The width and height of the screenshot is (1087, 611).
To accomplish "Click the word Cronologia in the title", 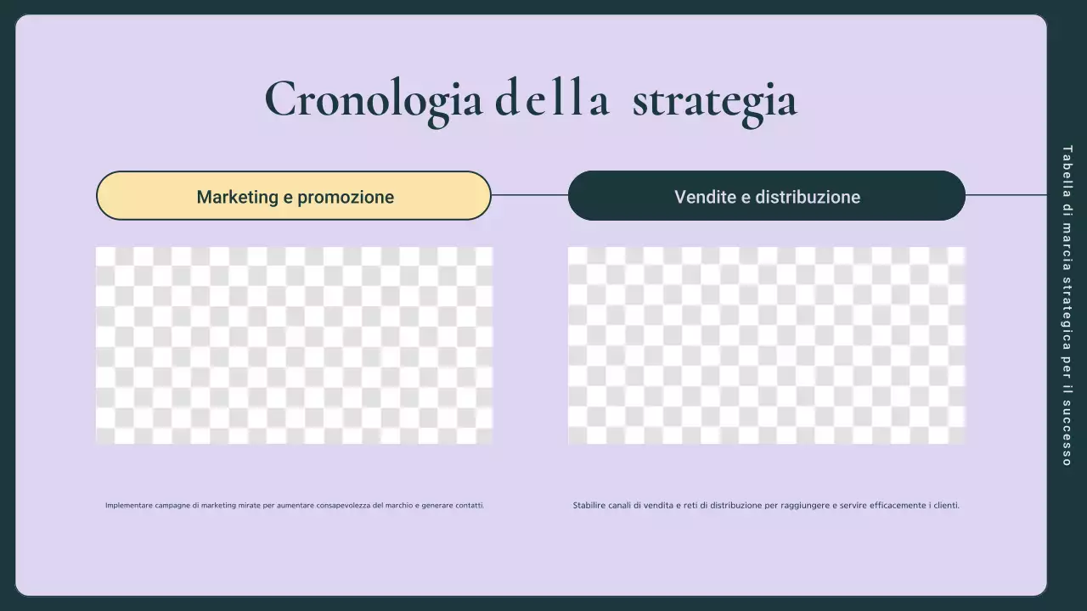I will (x=374, y=100).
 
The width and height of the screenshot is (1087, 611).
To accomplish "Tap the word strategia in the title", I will (x=714, y=100).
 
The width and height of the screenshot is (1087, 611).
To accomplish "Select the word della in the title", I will (x=552, y=98).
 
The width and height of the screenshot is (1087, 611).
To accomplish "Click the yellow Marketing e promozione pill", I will (x=293, y=196).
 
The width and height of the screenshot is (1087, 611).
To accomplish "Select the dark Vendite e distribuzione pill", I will (x=766, y=196).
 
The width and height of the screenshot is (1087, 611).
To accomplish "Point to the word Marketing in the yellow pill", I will (x=237, y=197).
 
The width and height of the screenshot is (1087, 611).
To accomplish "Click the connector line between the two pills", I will (x=529, y=195).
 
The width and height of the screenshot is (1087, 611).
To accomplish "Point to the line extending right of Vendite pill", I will (x=1006, y=195).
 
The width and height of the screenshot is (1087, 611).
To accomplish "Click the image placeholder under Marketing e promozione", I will (x=293, y=345).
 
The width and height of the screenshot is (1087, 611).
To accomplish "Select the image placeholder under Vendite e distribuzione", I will (x=766, y=345).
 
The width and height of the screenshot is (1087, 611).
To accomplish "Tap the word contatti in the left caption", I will (x=468, y=506).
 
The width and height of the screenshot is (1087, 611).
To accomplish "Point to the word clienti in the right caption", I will (x=946, y=506).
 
